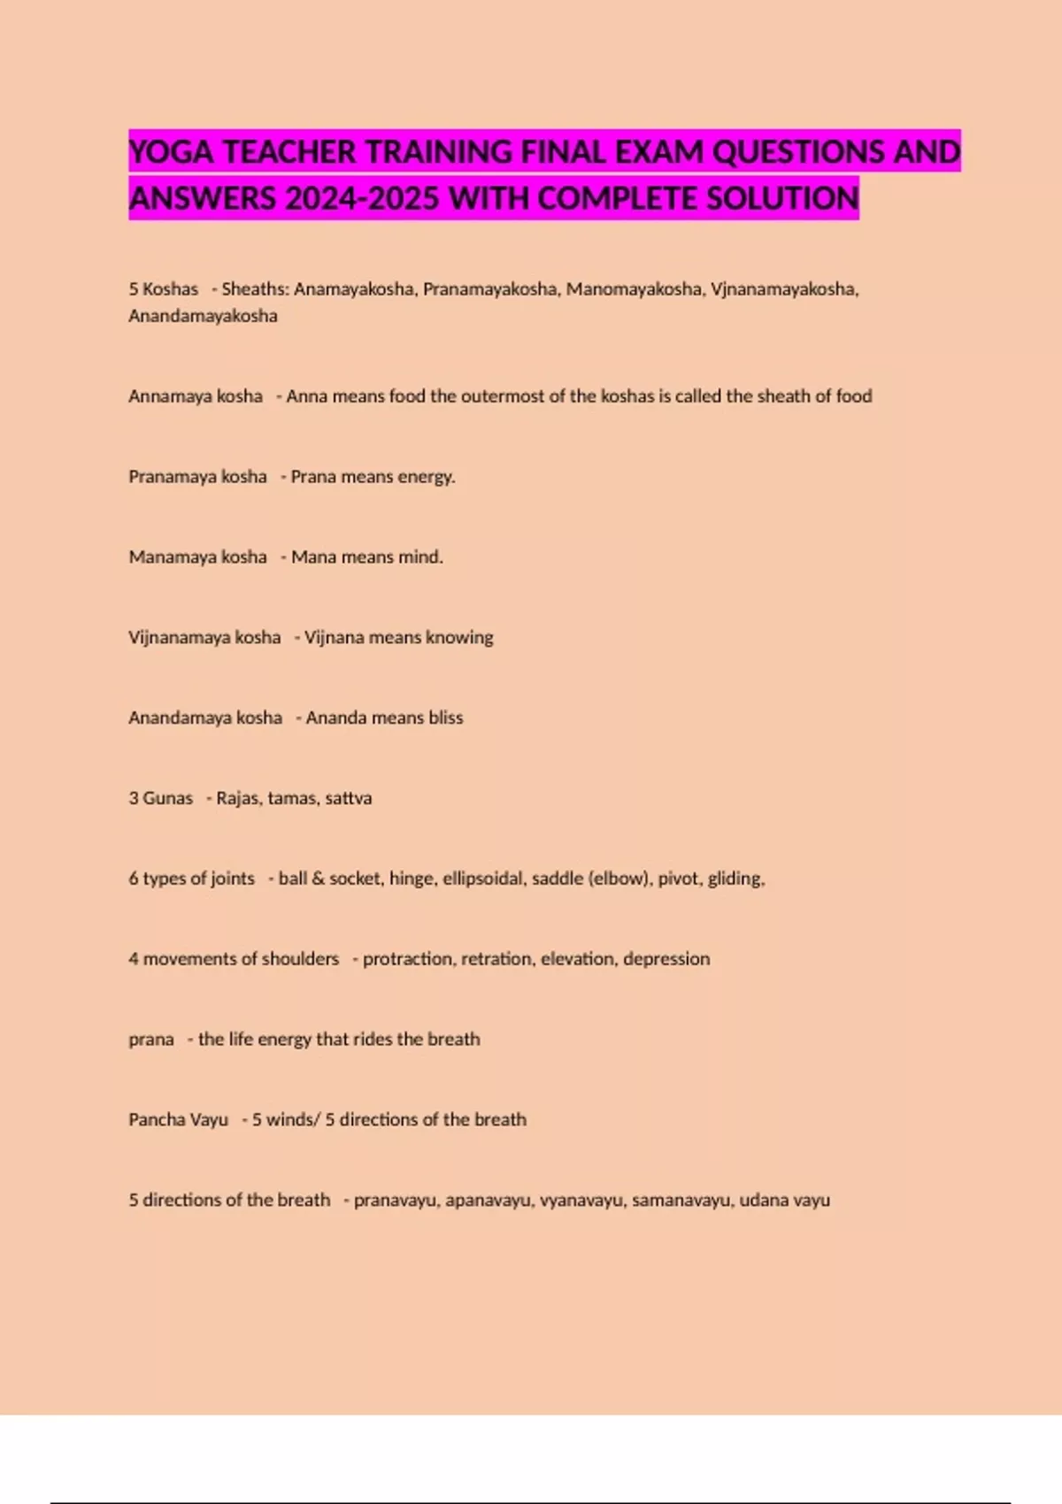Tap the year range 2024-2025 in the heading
[362, 198]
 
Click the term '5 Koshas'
[163, 289]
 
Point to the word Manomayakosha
[634, 289]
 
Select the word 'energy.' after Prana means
[427, 477]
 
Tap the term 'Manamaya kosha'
[197, 557]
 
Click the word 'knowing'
[459, 638]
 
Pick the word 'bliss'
[445, 717]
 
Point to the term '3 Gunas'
[160, 798]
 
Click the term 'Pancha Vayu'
[178, 1120]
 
